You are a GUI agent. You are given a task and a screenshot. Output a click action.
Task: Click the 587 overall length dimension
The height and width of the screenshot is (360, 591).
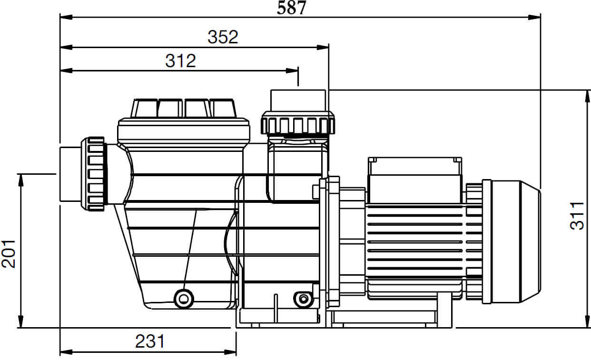pos(291,8)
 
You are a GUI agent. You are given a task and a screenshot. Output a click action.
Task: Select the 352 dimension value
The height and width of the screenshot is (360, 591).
pos(223,37)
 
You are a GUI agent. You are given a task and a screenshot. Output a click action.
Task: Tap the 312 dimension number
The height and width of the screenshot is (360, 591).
pos(181,61)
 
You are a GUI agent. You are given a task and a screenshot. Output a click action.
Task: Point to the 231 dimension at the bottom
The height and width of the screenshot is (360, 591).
pos(150,341)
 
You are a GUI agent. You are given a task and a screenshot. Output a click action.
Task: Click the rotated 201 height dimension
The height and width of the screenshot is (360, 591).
pos(9,254)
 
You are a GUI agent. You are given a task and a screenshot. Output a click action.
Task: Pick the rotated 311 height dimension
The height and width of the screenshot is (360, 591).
pos(577,216)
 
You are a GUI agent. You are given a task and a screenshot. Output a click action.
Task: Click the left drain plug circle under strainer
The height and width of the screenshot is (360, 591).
pos(184,299)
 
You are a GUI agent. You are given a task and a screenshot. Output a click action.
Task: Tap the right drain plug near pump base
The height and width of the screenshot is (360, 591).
pos(304,299)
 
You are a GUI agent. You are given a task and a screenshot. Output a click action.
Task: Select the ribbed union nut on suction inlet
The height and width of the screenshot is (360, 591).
pos(94,174)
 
